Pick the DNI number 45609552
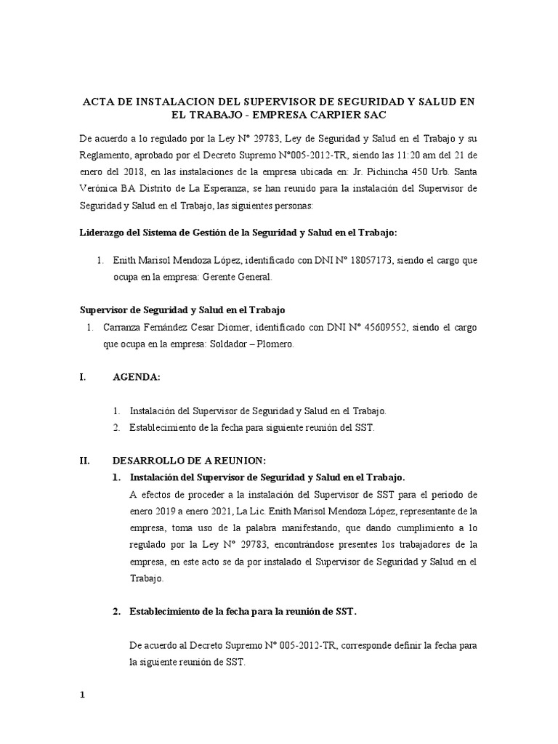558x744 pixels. click(x=366, y=328)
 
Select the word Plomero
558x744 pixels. click(x=274, y=345)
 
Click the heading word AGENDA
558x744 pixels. click(x=136, y=378)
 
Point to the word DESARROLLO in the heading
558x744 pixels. click(x=147, y=461)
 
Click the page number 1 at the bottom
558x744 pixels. click(x=83, y=674)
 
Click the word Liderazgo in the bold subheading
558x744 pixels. click(x=104, y=232)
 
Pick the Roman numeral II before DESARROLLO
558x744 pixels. click(x=83, y=461)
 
